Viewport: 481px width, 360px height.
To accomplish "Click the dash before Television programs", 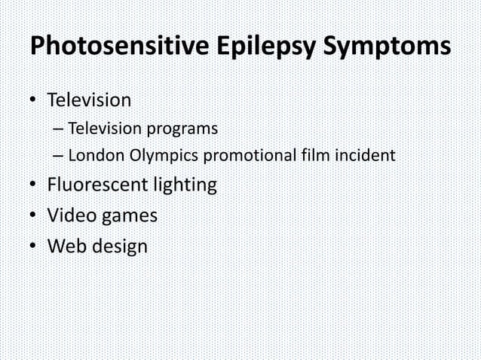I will [x=59, y=129].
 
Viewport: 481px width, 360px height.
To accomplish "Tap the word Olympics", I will [x=159, y=157].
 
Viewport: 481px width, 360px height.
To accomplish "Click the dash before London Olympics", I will [x=59, y=157].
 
